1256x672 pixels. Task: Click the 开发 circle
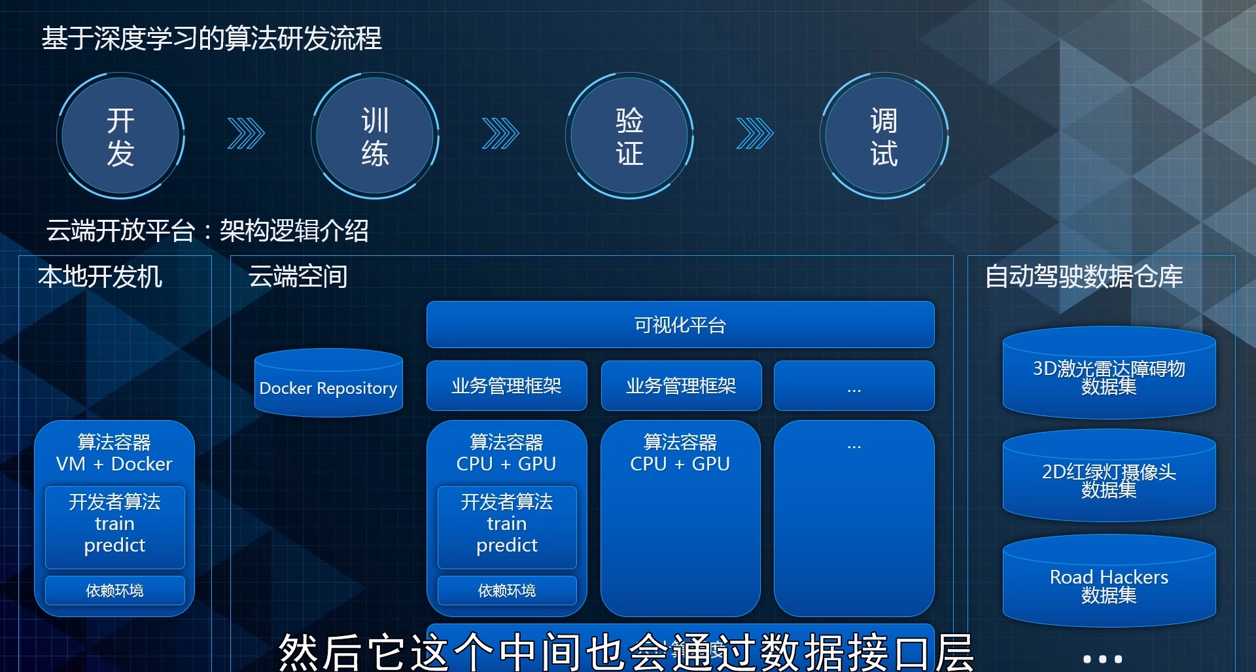point(120,136)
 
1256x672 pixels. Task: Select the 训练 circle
point(375,136)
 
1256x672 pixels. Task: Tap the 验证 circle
point(629,136)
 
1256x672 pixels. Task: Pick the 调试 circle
point(884,136)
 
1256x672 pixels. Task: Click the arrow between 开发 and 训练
point(246,133)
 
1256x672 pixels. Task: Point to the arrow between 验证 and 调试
point(755,133)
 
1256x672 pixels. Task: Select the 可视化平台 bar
point(680,325)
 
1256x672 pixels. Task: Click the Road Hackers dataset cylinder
point(1109,582)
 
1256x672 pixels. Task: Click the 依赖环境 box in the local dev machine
point(114,590)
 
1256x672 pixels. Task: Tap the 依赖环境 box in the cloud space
point(507,590)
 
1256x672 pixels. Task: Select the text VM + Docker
point(114,464)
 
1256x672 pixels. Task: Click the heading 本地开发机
point(99,276)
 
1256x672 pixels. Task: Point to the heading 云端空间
point(298,276)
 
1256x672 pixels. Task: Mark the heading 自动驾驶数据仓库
point(1084,276)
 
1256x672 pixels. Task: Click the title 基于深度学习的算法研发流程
point(211,38)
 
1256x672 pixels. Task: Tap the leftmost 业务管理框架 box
point(507,385)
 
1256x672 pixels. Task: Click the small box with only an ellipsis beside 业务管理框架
point(854,385)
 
